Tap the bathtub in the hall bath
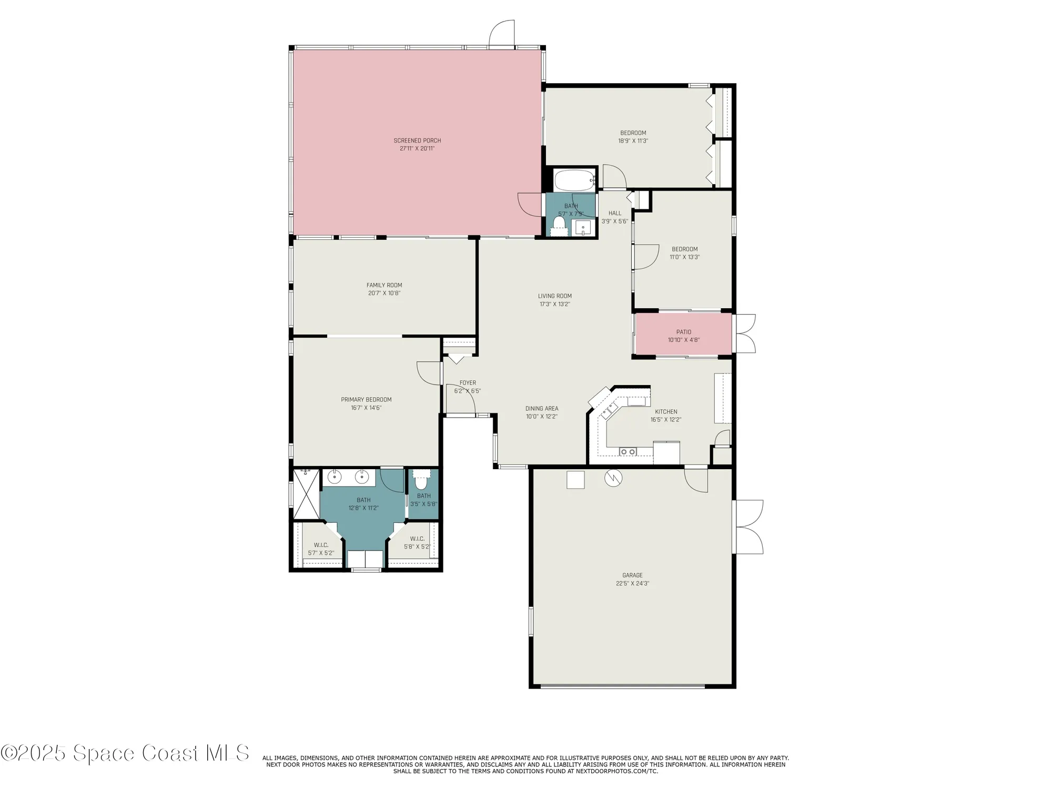pos(574,180)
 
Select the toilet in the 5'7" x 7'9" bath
pos(559,226)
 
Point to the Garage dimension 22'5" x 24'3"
pos(632,583)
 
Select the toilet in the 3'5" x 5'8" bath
pos(421,481)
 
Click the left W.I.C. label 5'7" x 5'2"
pos(321,549)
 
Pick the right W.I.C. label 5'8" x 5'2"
pos(417,543)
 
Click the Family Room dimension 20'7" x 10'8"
pos(384,294)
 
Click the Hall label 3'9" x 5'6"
pos(614,217)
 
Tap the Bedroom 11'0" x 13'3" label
pos(684,253)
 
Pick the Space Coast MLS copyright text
pos(125,753)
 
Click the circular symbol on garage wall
pos(613,478)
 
